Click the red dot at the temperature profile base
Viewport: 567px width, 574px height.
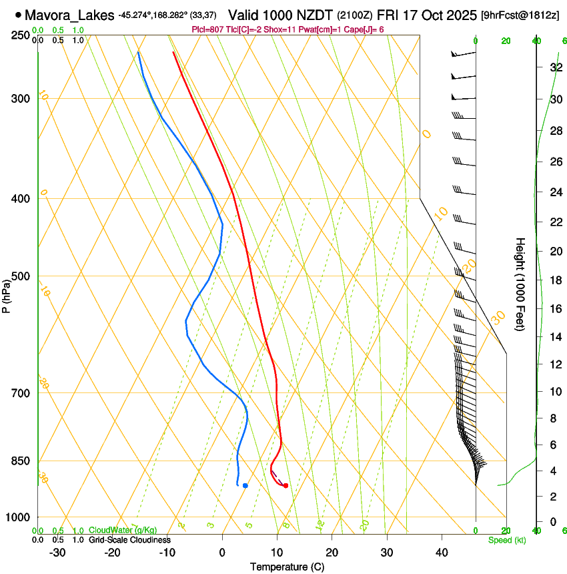coord(286,485)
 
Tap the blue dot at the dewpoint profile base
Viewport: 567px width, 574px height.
coord(245,485)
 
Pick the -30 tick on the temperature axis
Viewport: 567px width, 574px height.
coord(57,552)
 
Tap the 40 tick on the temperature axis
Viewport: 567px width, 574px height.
coord(441,552)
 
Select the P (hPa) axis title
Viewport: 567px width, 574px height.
coord(6,292)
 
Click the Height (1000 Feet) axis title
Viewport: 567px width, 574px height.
coord(520,284)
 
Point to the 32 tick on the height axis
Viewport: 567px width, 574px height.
coord(555,67)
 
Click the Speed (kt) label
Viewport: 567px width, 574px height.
coord(506,540)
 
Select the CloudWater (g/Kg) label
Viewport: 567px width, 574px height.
coord(123,531)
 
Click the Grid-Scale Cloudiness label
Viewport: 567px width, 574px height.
coord(129,540)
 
